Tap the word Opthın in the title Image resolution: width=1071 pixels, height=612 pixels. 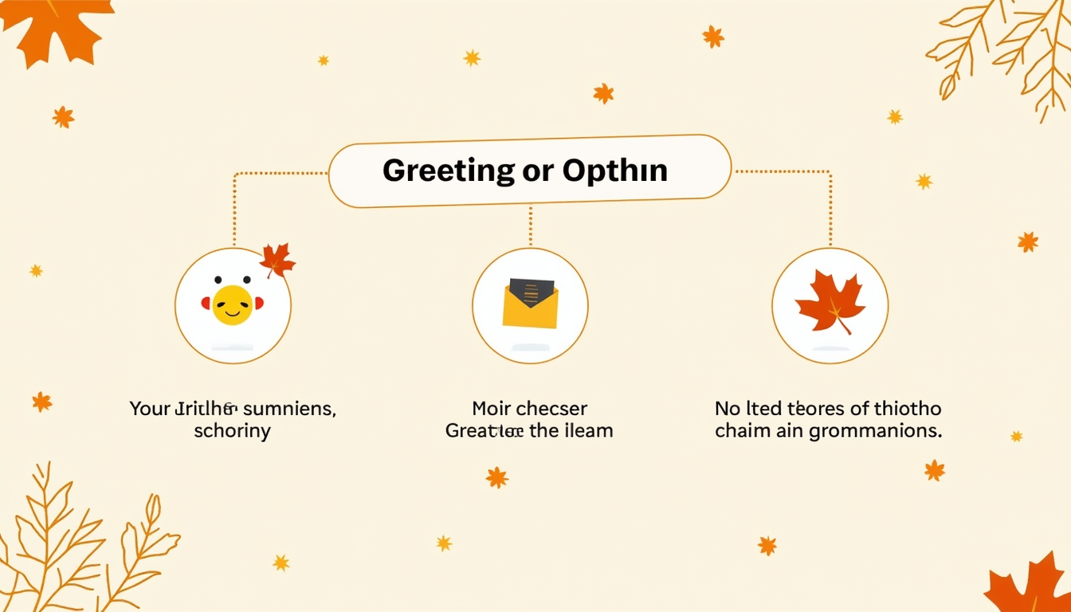point(615,171)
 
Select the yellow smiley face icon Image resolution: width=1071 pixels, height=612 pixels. point(232,304)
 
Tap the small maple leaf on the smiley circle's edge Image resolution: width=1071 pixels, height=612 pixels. point(277,260)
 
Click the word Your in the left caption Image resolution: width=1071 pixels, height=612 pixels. point(150,410)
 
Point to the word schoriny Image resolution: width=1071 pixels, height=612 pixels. point(232,432)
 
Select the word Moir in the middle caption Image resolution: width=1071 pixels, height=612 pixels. point(490,410)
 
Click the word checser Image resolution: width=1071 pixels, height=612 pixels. point(551,410)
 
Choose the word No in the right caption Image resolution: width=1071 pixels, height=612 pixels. point(727,410)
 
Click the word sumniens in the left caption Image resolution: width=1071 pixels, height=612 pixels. point(288,410)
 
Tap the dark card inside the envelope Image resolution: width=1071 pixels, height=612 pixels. point(532,292)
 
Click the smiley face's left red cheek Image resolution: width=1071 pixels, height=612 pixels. point(206,304)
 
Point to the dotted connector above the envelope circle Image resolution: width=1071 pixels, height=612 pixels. point(530,226)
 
